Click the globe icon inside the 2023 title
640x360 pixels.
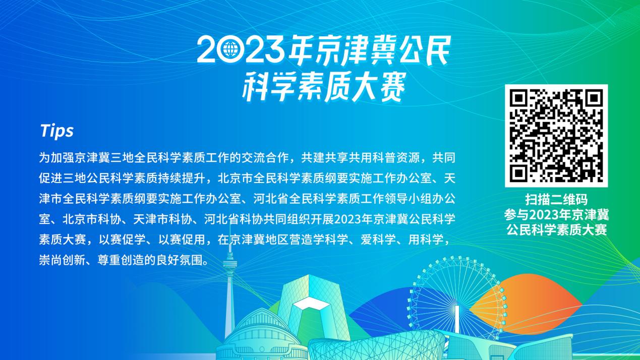[x=230, y=49]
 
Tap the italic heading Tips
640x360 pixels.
[x=57, y=131]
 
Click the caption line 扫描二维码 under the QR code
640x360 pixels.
[x=556, y=200]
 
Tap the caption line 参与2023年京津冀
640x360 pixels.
[x=556, y=215]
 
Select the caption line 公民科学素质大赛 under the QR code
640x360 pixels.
[x=556, y=230]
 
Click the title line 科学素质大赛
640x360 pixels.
[x=324, y=87]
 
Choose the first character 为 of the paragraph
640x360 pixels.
[x=45, y=158]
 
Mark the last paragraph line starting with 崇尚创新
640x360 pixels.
[x=124, y=260]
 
